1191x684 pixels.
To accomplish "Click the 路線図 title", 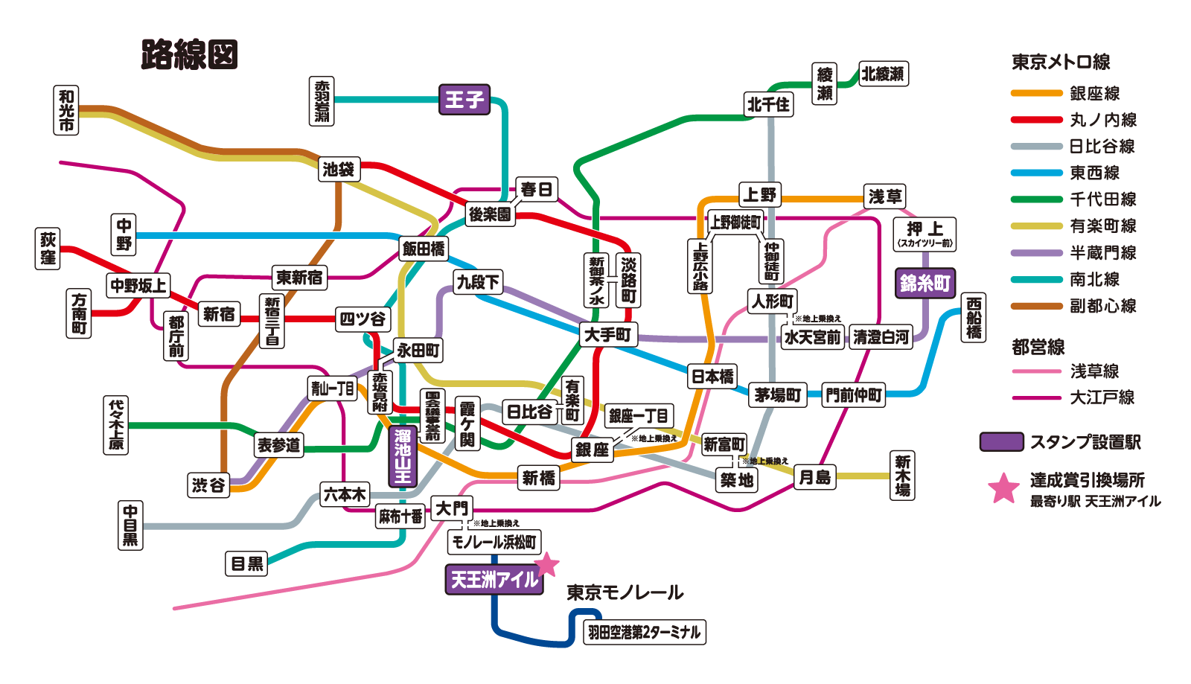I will pyautogui.click(x=189, y=54).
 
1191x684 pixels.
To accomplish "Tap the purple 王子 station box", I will pyautogui.click(x=464, y=99).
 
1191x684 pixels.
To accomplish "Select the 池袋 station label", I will pyautogui.click(x=339, y=169).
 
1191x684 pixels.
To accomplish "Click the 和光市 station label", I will pyautogui.click(x=67, y=109).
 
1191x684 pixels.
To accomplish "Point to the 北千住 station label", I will pyautogui.click(x=768, y=104).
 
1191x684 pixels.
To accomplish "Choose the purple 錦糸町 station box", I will pyautogui.click(x=925, y=283).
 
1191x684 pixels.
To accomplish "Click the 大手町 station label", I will pyautogui.click(x=608, y=335).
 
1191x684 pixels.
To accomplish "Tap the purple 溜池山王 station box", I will pyautogui.click(x=403, y=456).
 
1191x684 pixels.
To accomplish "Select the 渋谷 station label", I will pyautogui.click(x=208, y=485).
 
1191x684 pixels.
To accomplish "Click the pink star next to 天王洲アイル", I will pyautogui.click(x=546, y=565).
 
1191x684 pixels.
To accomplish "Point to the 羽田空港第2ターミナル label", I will pyautogui.click(x=644, y=632).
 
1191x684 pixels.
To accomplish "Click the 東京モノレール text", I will pyautogui.click(x=625, y=592).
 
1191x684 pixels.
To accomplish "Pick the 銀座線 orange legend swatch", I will pyautogui.click(x=1035, y=93).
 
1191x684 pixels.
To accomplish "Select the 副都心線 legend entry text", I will pyautogui.click(x=1102, y=306).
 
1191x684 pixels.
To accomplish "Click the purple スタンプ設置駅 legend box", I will pyautogui.click(x=1001, y=442).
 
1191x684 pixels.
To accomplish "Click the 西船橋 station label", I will pyautogui.click(x=974, y=318).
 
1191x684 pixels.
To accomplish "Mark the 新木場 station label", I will pyautogui.click(x=902, y=476).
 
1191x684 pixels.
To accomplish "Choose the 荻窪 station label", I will pyautogui.click(x=48, y=249).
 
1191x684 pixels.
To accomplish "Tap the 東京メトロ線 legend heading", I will pyautogui.click(x=1060, y=62).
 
